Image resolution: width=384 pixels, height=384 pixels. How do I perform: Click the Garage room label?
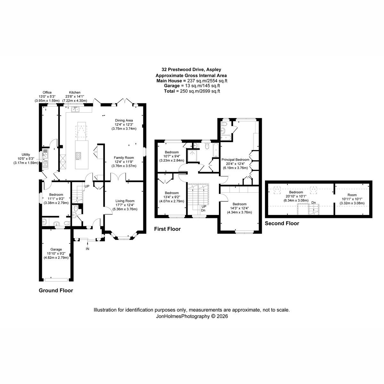pyautogui.click(x=56, y=249)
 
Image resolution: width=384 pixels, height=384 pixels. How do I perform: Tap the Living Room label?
pyautogui.click(x=125, y=201)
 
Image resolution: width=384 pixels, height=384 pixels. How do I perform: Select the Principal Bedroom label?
pyautogui.click(x=235, y=160)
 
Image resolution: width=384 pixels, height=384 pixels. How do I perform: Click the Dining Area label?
pyautogui.click(x=124, y=120)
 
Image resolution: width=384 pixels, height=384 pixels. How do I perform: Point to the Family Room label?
pyautogui.click(x=124, y=158)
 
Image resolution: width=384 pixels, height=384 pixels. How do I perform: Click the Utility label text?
pyautogui.click(x=26, y=155)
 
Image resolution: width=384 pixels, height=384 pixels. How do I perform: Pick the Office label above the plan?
pyautogui.click(x=47, y=92)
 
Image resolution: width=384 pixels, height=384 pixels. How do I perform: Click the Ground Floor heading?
pyautogui.click(x=56, y=290)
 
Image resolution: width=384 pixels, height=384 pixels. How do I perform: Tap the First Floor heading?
pyautogui.click(x=167, y=229)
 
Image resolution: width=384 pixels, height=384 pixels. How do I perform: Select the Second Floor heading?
pyautogui.click(x=282, y=223)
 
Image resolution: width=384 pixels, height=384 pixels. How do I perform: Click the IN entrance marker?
pyautogui.click(x=87, y=249)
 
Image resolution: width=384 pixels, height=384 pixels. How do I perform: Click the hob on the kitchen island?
pyautogui.click(x=78, y=156)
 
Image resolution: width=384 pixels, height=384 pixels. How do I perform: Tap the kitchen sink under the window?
pyautogui.click(x=75, y=109)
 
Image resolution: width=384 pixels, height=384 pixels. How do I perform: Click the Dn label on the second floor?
pyautogui.click(x=314, y=203)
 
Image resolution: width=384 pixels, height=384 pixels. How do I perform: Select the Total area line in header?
pyautogui.click(x=192, y=91)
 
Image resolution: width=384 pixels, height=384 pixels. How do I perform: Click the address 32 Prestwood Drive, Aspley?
pyautogui.click(x=191, y=69)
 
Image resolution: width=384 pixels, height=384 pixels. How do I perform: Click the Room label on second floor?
pyautogui.click(x=352, y=195)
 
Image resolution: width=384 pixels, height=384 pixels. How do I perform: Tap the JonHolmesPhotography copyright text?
pyautogui.click(x=192, y=316)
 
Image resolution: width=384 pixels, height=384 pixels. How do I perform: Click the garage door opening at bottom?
pyautogui.click(x=56, y=280)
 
